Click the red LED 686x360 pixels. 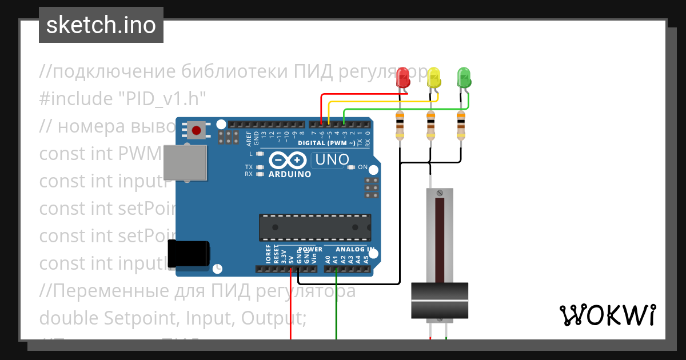point(404,78)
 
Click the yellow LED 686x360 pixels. point(434,78)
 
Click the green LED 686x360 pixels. point(464,78)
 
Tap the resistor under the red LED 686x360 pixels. point(401,126)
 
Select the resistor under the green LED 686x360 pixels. point(461,126)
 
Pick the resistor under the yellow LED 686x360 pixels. point(430,126)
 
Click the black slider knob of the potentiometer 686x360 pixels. point(440,300)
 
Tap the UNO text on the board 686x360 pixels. point(332,159)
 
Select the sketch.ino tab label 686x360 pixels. point(101,25)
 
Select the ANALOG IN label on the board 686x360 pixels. point(355,250)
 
